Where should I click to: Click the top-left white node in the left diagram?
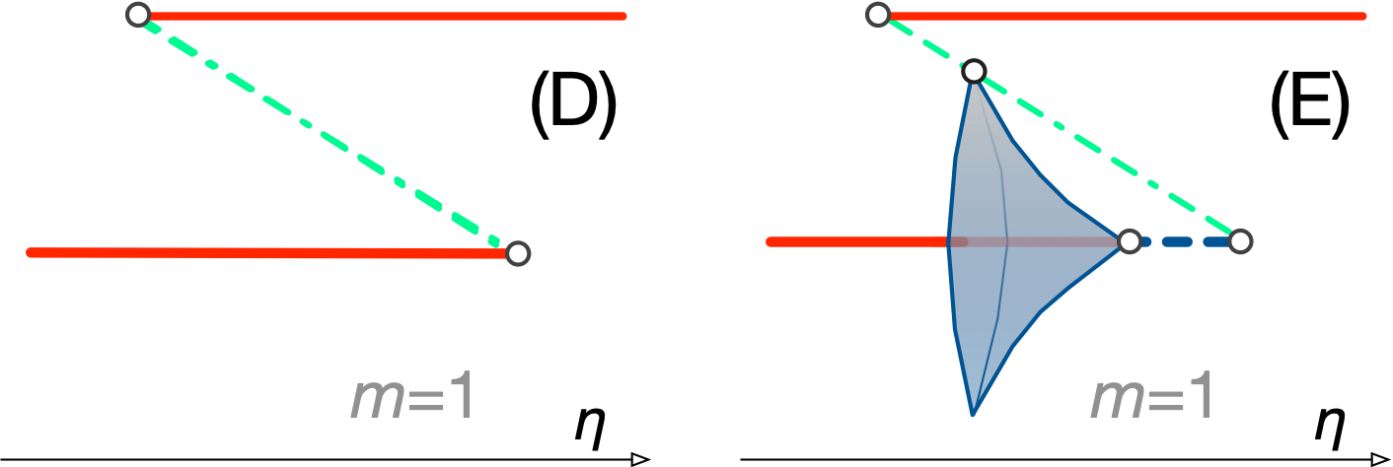(x=138, y=15)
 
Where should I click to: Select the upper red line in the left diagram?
(x=385, y=16)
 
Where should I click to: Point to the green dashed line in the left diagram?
(x=326, y=133)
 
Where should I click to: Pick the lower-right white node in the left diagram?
(x=518, y=253)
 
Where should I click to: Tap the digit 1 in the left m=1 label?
(x=460, y=398)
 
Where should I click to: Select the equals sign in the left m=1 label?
(x=421, y=401)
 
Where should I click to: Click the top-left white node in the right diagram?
(x=878, y=15)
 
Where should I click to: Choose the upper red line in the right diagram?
(x=1125, y=16)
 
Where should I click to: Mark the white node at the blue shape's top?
(x=974, y=71)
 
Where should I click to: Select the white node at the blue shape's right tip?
(x=1130, y=240)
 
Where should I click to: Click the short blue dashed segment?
(x=1184, y=241)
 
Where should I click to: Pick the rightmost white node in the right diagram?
(x=1240, y=240)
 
